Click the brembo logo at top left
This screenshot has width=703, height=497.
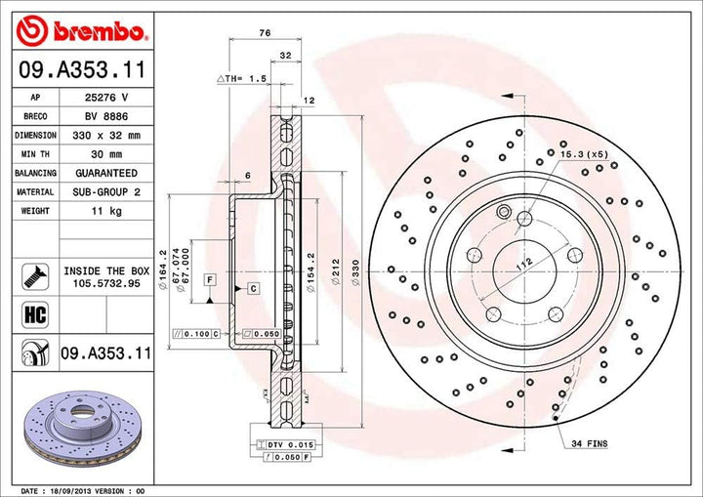click(82, 30)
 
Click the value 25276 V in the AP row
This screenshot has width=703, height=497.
click(106, 99)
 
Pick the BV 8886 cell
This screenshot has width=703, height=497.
click(106, 117)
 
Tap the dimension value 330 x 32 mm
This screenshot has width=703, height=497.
click(106, 136)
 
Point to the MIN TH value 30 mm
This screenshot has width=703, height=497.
click(106, 154)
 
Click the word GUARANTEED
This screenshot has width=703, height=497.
click(106, 173)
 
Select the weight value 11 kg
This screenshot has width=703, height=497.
click(106, 211)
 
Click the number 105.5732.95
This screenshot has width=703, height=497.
click(106, 284)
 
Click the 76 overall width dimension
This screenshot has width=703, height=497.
click(265, 33)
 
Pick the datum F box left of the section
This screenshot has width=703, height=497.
click(209, 280)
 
